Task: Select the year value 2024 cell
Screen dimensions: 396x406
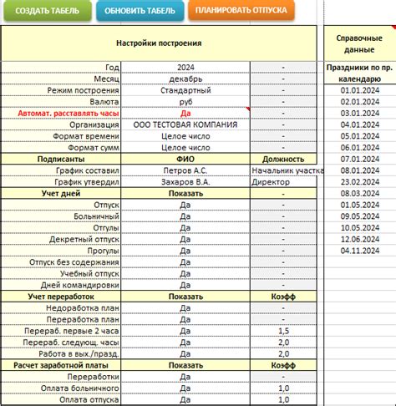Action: [x=185, y=67]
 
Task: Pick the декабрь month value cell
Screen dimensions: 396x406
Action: [x=185, y=79]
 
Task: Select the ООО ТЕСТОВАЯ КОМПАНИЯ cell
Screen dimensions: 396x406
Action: [x=185, y=124]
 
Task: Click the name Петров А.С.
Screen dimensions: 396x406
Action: [x=185, y=170]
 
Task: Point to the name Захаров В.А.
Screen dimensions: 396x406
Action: [x=185, y=181]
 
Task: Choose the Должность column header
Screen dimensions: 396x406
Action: [x=283, y=158]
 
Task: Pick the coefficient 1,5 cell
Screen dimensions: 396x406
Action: [x=283, y=331]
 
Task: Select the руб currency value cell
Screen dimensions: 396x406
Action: [x=185, y=101]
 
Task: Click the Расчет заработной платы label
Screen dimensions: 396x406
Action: [x=62, y=365]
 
